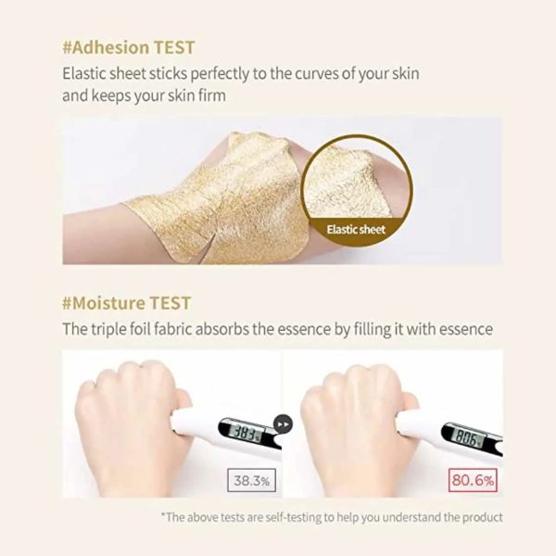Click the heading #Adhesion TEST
[129, 47]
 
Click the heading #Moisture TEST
[127, 303]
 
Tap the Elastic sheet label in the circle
[356, 230]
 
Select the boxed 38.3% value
[251, 481]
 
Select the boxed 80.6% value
[473, 480]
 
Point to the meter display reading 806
[467, 439]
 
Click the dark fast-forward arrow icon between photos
[283, 423]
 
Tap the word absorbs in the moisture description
[222, 329]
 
